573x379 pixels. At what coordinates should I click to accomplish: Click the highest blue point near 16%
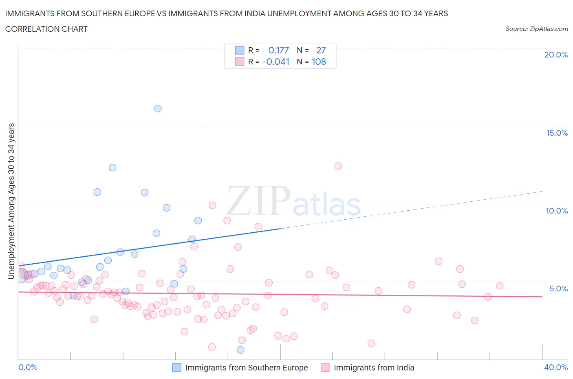click(158, 108)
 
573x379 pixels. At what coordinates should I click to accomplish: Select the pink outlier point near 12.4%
click(338, 166)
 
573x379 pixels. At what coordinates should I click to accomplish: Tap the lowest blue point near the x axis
click(240, 350)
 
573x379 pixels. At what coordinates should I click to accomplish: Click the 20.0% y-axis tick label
click(556, 55)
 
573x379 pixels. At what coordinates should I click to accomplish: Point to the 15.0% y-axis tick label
click(557, 133)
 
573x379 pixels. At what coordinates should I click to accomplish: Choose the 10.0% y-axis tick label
click(557, 211)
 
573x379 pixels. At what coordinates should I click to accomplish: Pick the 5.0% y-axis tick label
click(558, 289)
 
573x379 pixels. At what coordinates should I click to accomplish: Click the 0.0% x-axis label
click(28, 367)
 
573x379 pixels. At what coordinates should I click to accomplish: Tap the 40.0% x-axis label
click(556, 367)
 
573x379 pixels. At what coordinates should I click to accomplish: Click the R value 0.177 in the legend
click(278, 50)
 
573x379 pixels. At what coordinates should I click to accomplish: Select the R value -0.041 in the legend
click(276, 62)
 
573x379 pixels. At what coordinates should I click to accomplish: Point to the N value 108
click(319, 62)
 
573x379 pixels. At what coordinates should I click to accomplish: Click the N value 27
click(321, 50)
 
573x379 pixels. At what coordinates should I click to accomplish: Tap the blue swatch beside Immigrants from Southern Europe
click(176, 368)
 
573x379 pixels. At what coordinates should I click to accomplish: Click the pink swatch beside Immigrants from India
click(325, 368)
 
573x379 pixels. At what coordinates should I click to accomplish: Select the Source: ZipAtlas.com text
click(536, 29)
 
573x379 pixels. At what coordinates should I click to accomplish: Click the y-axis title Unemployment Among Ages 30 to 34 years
click(11, 201)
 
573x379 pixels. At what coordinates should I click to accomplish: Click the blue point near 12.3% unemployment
click(112, 167)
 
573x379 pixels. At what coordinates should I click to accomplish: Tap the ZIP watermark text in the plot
click(258, 201)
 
